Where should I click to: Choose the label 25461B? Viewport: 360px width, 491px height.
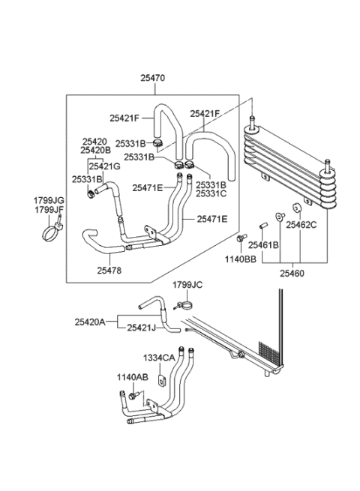(x=264, y=245)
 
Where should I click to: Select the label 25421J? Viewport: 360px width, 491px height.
(x=142, y=328)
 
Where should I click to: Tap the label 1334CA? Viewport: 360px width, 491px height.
(x=160, y=359)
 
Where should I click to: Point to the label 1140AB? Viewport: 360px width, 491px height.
(x=131, y=377)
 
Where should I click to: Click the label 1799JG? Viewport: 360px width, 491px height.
(x=49, y=201)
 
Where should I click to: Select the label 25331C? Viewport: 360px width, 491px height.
(x=211, y=193)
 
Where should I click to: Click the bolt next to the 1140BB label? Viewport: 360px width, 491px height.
(x=240, y=239)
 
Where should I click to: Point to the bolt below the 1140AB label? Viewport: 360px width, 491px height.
(x=133, y=394)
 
